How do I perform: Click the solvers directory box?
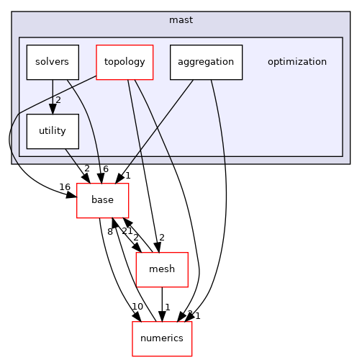(52, 62)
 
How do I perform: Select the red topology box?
(125, 62)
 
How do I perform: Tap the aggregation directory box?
(206, 62)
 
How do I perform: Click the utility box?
(52, 131)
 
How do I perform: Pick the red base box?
(102, 200)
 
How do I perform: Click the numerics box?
(162, 338)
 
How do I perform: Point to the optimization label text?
(297, 62)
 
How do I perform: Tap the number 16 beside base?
(65, 187)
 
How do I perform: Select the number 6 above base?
(105, 168)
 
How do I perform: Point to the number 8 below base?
(110, 232)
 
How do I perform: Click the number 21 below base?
(127, 230)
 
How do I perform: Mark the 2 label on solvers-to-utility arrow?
(58, 99)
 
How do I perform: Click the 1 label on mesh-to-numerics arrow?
(168, 307)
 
